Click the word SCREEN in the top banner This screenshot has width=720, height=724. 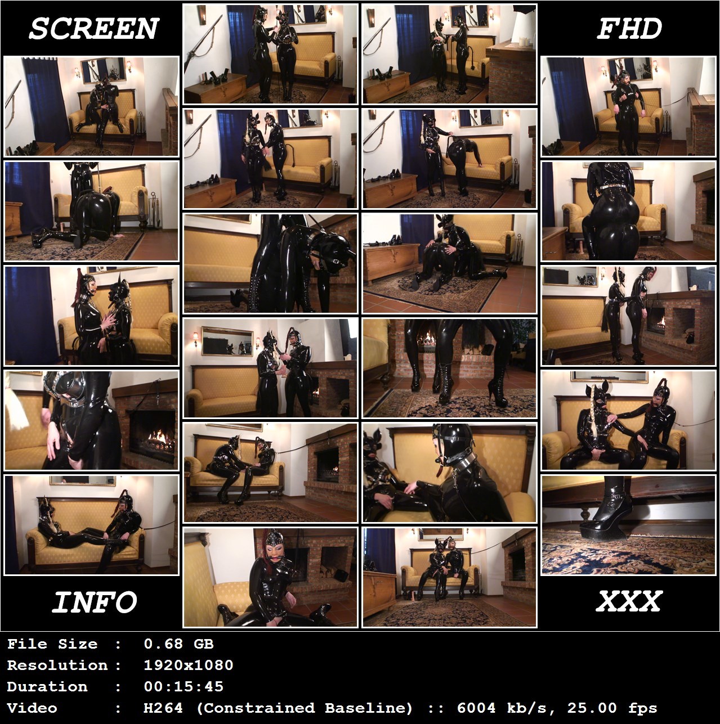coord(94,29)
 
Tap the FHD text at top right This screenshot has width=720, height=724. coord(629,29)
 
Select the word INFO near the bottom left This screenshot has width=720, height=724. coord(94,602)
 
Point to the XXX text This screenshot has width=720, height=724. coord(629,601)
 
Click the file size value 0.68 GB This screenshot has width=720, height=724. coord(178,644)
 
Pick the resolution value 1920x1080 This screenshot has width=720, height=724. coord(189,665)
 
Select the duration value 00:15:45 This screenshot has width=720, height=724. coord(184,687)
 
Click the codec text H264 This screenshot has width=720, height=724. coord(163,708)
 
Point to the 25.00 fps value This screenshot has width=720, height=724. coord(612,708)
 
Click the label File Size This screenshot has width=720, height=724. coord(52,644)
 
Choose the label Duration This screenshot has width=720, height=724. coord(47,687)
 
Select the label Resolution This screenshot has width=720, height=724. coord(57,665)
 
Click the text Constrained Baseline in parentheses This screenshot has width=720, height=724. coord(305,708)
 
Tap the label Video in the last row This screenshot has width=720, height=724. coord(32,708)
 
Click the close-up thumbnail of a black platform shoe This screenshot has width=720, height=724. coord(628,525)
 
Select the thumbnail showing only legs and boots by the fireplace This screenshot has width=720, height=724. coord(449,368)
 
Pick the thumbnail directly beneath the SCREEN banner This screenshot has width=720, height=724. coord(91,106)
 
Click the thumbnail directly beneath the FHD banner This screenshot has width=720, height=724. coord(628,106)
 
